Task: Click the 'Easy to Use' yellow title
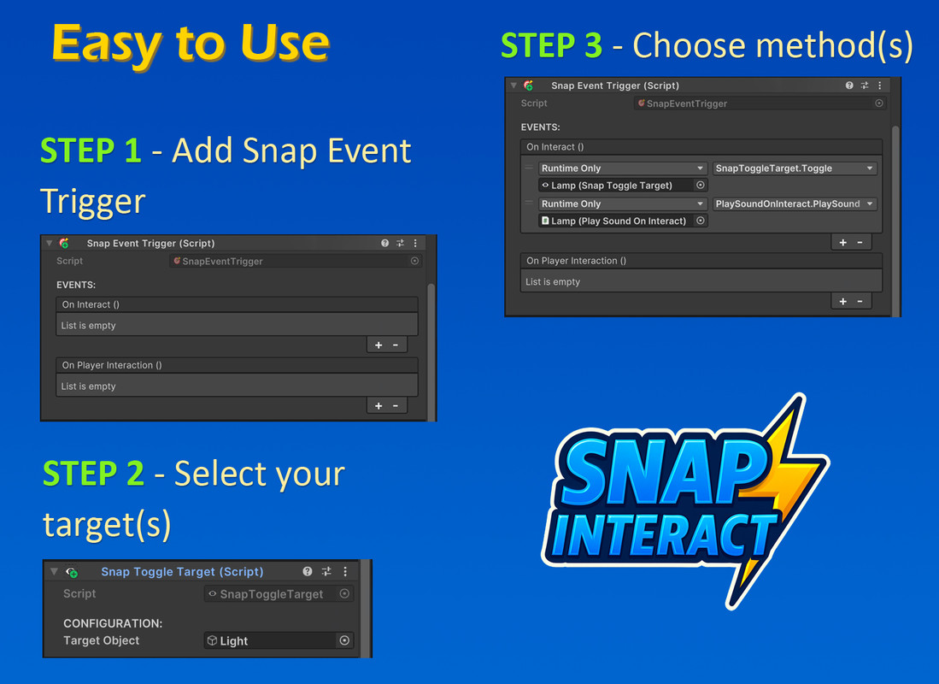(191, 43)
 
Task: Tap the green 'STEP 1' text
(91, 150)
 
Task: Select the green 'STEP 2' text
(93, 474)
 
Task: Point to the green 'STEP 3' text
(552, 45)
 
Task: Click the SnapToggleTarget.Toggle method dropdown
(795, 168)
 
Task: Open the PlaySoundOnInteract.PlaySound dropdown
(795, 203)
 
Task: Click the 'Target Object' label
(101, 641)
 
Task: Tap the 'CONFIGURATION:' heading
(113, 623)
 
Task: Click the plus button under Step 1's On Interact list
(379, 345)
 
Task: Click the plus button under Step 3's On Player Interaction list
(842, 301)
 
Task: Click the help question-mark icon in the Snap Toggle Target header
(308, 571)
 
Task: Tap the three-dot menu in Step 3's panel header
(880, 85)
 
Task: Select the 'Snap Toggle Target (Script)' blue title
(182, 572)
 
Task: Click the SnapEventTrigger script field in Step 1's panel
(296, 262)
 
